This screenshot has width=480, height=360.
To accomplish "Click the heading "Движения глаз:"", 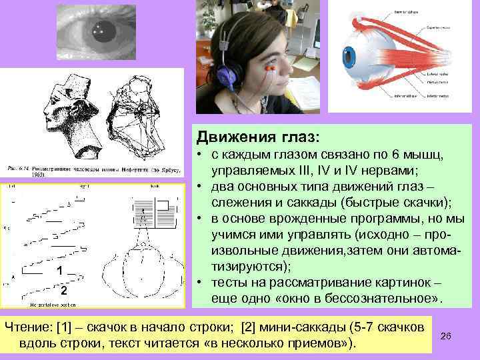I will coord(258,137).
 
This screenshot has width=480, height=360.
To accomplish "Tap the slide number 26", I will coord(447,337).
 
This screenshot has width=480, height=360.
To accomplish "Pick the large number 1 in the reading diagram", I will coord(60,271).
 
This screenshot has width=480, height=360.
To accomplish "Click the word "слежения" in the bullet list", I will coord(237,203).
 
